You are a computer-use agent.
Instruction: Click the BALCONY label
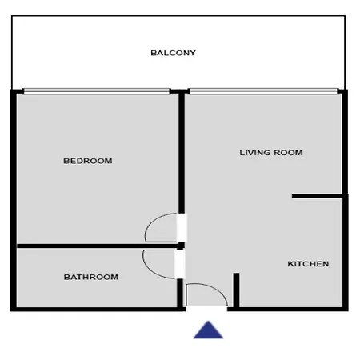click(173, 53)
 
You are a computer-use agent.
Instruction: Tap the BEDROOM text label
click(88, 161)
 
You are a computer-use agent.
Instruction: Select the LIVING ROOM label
click(271, 153)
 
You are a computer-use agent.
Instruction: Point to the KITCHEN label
click(308, 264)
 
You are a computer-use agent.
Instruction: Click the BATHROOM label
click(91, 277)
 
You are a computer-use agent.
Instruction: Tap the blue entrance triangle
click(208, 330)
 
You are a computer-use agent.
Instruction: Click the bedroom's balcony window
click(97, 91)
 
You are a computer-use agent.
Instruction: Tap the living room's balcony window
click(263, 91)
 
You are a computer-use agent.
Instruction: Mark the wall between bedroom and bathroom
click(98, 246)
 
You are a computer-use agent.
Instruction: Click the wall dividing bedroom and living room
click(182, 152)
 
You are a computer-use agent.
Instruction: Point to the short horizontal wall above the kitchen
click(317, 196)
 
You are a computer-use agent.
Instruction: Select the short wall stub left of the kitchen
click(236, 290)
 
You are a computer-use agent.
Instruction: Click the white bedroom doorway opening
click(182, 228)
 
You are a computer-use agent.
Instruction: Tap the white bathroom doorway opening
click(180, 264)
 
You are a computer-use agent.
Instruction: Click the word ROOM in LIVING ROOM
click(288, 153)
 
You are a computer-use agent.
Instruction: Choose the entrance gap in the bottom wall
click(206, 309)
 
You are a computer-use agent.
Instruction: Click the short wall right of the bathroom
click(180, 293)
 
